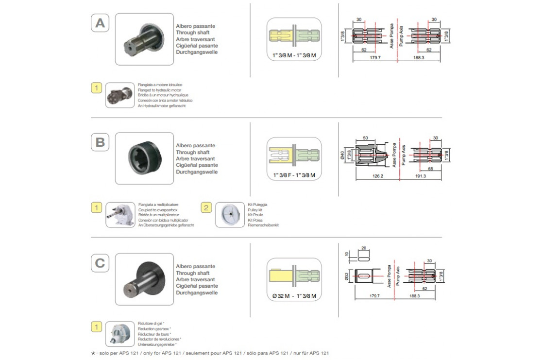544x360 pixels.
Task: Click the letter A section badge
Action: [100, 23]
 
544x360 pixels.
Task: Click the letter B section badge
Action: [100, 143]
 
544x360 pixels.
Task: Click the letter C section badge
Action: [100, 263]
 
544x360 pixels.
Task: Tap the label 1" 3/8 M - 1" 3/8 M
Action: [294, 56]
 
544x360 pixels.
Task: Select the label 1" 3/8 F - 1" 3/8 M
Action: [294, 175]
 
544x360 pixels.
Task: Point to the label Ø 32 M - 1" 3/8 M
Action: [294, 296]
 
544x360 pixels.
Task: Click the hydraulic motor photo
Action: [119, 95]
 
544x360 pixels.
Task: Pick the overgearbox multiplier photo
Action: [119, 215]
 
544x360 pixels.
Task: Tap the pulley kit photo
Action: [229, 215]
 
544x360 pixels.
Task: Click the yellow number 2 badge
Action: [206, 208]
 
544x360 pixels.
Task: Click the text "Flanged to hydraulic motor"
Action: [159, 90]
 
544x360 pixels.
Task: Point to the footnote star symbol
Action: [93, 353]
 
